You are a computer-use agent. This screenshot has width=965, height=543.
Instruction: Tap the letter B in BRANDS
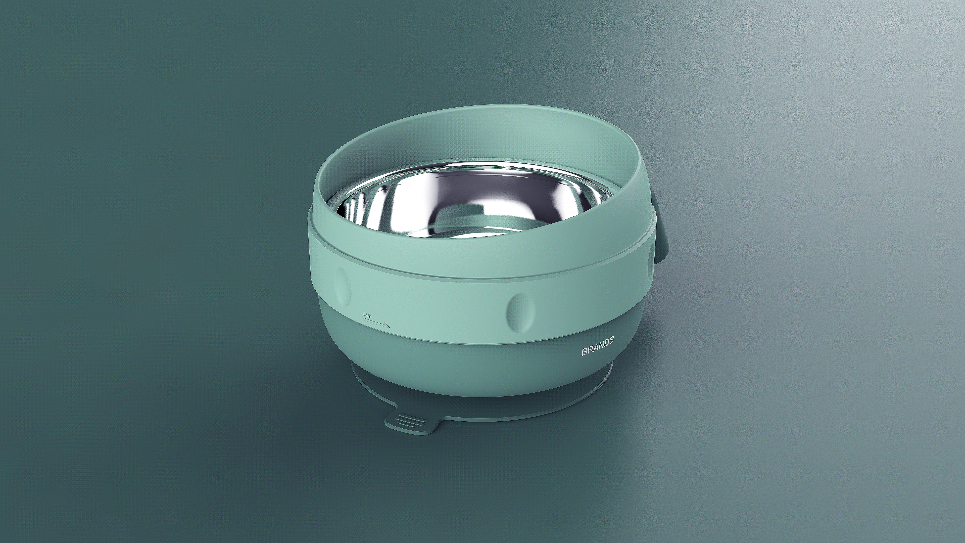click(x=584, y=353)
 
